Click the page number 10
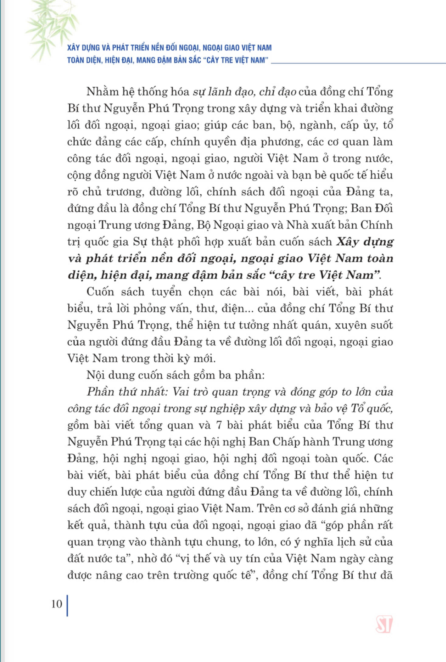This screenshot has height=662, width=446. pyautogui.click(x=57, y=603)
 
